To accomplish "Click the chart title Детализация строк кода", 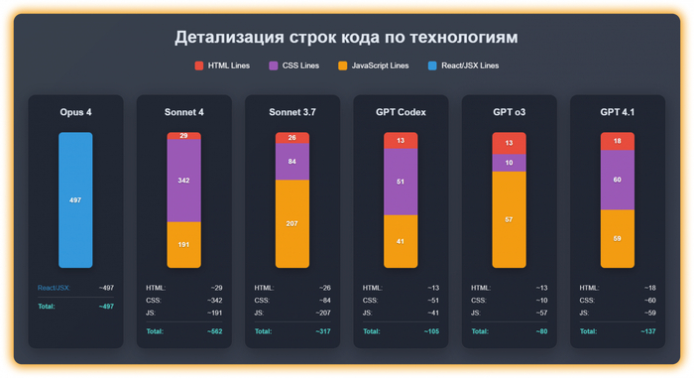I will (x=346, y=38).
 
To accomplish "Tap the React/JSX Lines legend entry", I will (x=463, y=65).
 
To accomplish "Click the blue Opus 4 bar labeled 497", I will (x=75, y=200).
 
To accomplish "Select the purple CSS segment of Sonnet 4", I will (x=183, y=181).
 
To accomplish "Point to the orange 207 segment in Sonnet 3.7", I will (x=291, y=223).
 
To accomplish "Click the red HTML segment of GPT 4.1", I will (x=617, y=142).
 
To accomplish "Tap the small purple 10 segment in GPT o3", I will (x=509, y=163).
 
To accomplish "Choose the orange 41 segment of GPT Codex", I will (x=401, y=242).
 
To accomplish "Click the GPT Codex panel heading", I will (x=401, y=112).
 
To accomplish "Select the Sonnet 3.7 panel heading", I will (x=291, y=112).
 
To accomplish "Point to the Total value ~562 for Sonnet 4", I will (x=213, y=331).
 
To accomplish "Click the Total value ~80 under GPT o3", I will (x=540, y=331).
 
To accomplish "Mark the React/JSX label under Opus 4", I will (x=53, y=288).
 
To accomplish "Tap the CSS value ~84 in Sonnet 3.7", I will (x=322, y=301).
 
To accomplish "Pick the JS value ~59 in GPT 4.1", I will (x=647, y=314).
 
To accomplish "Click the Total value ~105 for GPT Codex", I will (x=430, y=331).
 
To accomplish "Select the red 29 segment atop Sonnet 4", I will (x=183, y=137).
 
